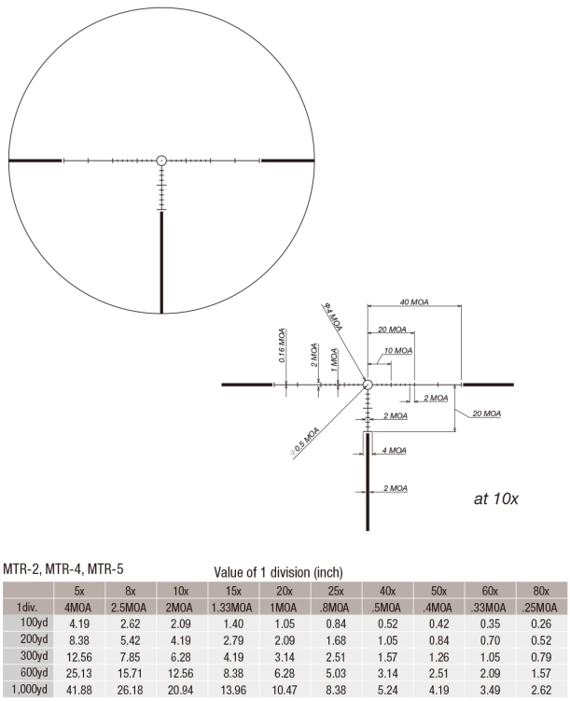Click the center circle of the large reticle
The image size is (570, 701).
160,160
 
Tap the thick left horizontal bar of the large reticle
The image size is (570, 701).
35,161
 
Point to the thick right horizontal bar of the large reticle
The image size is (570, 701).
287,161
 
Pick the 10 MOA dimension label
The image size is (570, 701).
398,350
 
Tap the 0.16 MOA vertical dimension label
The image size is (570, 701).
282,344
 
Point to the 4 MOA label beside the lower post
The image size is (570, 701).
396,450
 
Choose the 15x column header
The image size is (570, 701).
241,590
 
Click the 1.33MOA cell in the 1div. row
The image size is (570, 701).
241,606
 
